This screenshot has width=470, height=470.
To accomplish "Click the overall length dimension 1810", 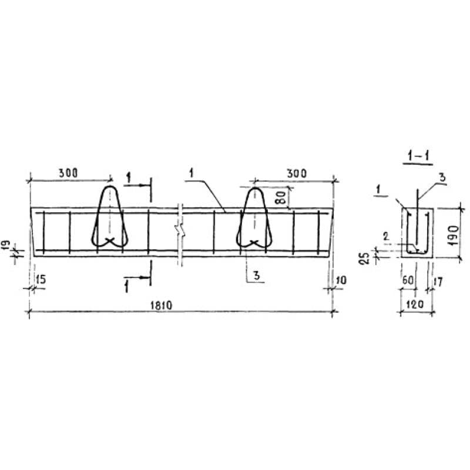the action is coord(161,305).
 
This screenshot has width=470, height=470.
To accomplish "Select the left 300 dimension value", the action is coord(68,173).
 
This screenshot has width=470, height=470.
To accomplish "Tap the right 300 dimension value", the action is coord(297,173).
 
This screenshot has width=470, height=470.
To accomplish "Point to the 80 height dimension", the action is coord(281,197).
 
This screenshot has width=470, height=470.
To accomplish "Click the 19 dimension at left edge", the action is coord(7,244).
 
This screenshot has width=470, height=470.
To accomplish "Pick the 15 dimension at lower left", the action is coord(41,280).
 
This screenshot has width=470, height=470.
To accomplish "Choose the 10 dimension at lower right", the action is coord(341,280).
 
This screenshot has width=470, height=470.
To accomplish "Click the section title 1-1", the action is coord(418,156).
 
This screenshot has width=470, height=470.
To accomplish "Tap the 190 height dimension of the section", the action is coord(454,236).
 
